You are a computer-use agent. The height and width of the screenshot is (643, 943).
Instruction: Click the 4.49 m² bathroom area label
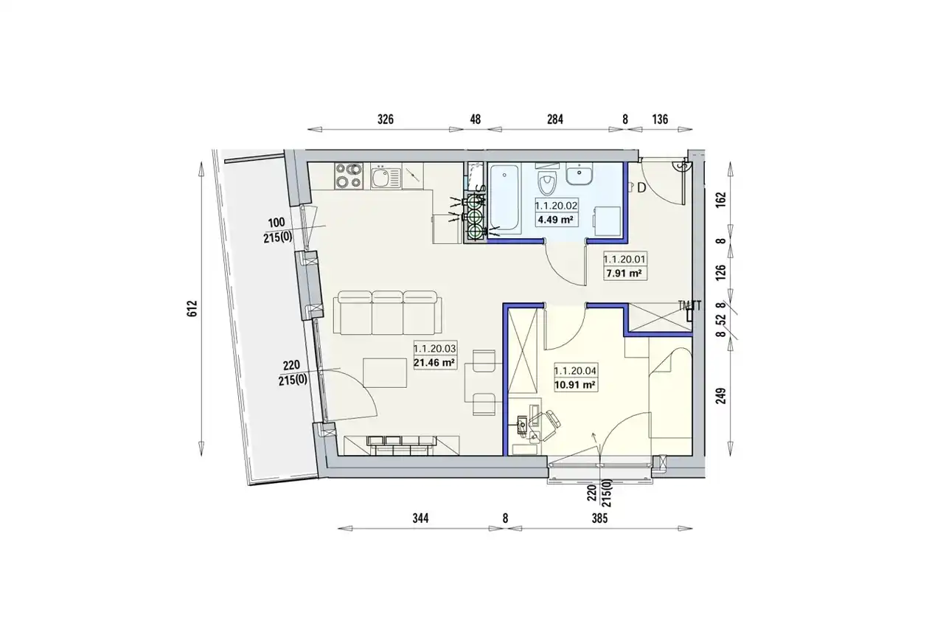(555, 220)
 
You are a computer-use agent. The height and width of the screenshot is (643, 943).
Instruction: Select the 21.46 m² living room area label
(435, 363)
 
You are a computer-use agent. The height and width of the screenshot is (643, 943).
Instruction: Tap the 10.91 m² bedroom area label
(574, 385)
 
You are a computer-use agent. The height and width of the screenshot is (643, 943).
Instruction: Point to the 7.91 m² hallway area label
(624, 274)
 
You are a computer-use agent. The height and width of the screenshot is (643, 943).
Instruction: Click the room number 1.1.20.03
(435, 349)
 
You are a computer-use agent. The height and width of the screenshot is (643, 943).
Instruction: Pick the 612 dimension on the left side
(192, 309)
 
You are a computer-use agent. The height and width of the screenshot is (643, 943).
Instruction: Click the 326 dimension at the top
(385, 119)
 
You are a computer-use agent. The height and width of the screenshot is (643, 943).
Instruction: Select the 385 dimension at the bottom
(599, 518)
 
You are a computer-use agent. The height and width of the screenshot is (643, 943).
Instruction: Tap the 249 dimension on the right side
(721, 396)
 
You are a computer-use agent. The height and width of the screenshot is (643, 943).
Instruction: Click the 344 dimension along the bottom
(420, 518)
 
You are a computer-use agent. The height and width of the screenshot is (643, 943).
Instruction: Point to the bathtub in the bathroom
(505, 198)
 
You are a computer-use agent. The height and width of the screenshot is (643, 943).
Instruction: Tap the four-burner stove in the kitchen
(349, 176)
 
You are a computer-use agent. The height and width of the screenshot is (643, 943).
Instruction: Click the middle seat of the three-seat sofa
(387, 313)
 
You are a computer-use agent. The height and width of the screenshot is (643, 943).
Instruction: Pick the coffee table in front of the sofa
(385, 372)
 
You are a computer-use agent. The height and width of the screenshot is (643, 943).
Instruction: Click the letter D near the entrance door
(641, 188)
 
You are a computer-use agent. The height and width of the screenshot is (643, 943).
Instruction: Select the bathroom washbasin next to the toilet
(580, 173)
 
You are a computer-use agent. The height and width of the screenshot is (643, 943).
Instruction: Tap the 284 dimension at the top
(555, 119)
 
